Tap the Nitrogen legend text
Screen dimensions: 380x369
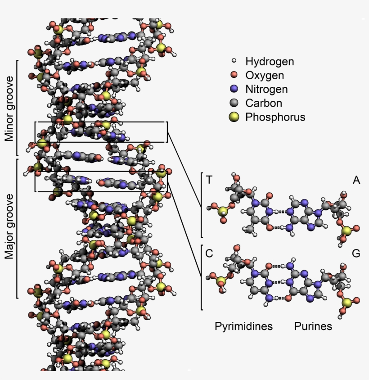click(x=266, y=89)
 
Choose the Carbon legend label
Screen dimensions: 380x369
click(x=264, y=103)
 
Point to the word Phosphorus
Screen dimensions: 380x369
click(x=275, y=117)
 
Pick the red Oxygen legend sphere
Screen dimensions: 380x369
click(x=234, y=75)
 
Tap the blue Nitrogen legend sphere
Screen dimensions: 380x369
click(x=234, y=89)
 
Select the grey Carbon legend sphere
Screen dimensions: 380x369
click(x=234, y=103)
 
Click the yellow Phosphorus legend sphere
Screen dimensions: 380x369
click(x=234, y=117)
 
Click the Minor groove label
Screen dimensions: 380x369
click(x=10, y=108)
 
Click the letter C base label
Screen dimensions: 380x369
click(x=209, y=253)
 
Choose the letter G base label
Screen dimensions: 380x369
click(x=356, y=253)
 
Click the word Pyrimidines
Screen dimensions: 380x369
click(x=243, y=326)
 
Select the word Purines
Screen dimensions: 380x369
click(x=313, y=326)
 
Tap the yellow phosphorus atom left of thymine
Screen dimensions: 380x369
click(x=222, y=211)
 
